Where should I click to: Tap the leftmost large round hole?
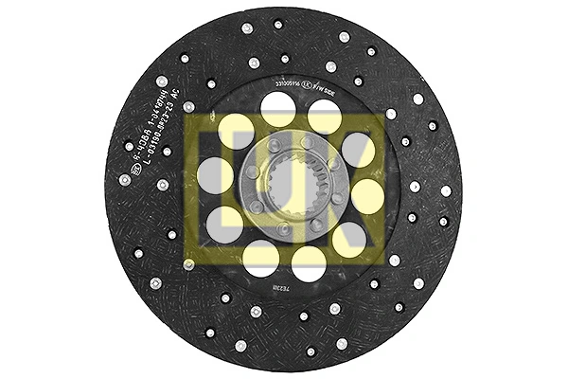coord(215,175)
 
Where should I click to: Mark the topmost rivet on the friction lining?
coord(278,25)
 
